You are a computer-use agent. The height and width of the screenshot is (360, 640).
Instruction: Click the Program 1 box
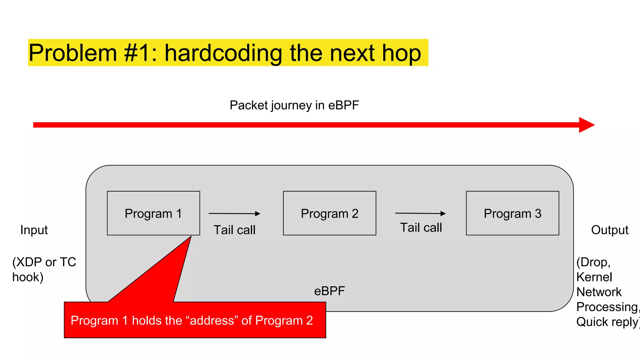click(x=153, y=213)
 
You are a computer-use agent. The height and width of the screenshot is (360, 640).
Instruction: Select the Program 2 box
click(x=329, y=213)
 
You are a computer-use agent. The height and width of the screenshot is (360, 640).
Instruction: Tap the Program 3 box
click(x=512, y=213)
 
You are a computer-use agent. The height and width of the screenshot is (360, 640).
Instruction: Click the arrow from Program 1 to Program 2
click(x=234, y=213)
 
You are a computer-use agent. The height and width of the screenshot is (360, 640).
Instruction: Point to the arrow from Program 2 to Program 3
click(x=420, y=213)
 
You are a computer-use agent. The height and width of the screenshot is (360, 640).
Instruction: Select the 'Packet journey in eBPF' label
click(x=294, y=105)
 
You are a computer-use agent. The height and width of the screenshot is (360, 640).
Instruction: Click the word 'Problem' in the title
click(x=73, y=53)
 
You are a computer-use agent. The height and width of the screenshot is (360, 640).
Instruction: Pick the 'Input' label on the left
click(x=34, y=230)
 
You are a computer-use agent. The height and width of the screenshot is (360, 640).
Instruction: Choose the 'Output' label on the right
click(x=609, y=230)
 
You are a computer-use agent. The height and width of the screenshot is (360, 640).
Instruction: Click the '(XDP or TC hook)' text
click(x=44, y=269)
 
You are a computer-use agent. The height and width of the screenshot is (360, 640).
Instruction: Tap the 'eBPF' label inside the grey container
click(x=329, y=291)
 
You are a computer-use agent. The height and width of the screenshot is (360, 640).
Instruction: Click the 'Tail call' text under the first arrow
click(x=234, y=230)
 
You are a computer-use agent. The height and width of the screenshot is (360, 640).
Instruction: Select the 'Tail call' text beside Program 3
click(x=421, y=227)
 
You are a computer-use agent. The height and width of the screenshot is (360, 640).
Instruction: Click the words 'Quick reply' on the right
click(x=606, y=322)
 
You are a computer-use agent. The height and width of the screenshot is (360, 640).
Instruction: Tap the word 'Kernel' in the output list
click(x=594, y=277)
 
